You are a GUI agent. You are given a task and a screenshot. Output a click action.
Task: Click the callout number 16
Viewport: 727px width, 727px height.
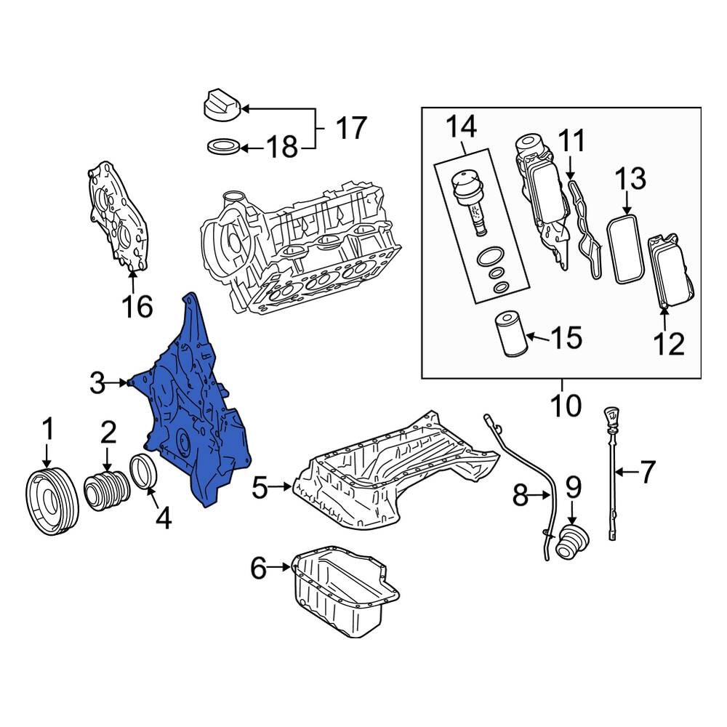tap(137, 307)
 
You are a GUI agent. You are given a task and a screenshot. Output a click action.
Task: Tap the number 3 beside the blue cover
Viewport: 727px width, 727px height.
tap(97, 383)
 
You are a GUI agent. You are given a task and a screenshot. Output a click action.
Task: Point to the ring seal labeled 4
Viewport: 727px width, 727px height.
tap(145, 473)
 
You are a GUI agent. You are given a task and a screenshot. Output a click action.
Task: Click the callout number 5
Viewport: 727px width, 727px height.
tap(260, 487)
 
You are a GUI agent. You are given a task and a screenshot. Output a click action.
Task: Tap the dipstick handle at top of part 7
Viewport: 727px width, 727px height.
tap(610, 417)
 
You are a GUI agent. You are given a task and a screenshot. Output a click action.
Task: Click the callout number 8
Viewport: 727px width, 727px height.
tap(521, 496)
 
